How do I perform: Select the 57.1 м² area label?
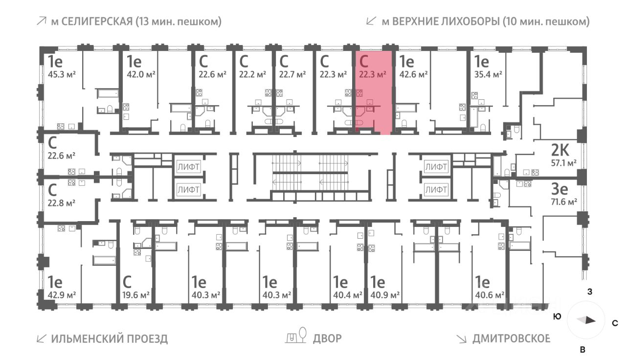pyautogui.click(x=564, y=163)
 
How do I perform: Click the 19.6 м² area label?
pyautogui.click(x=135, y=295)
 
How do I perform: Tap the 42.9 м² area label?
pyautogui.click(x=62, y=295)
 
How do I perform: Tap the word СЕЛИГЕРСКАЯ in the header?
pyautogui.click(x=102, y=22)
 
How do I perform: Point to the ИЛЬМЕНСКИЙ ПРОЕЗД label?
pyautogui.click(x=109, y=338)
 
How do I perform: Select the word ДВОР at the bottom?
pyautogui.click(x=328, y=338)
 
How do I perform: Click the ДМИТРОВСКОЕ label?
pyautogui.click(x=511, y=338)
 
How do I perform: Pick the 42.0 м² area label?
pyautogui.click(x=141, y=74)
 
